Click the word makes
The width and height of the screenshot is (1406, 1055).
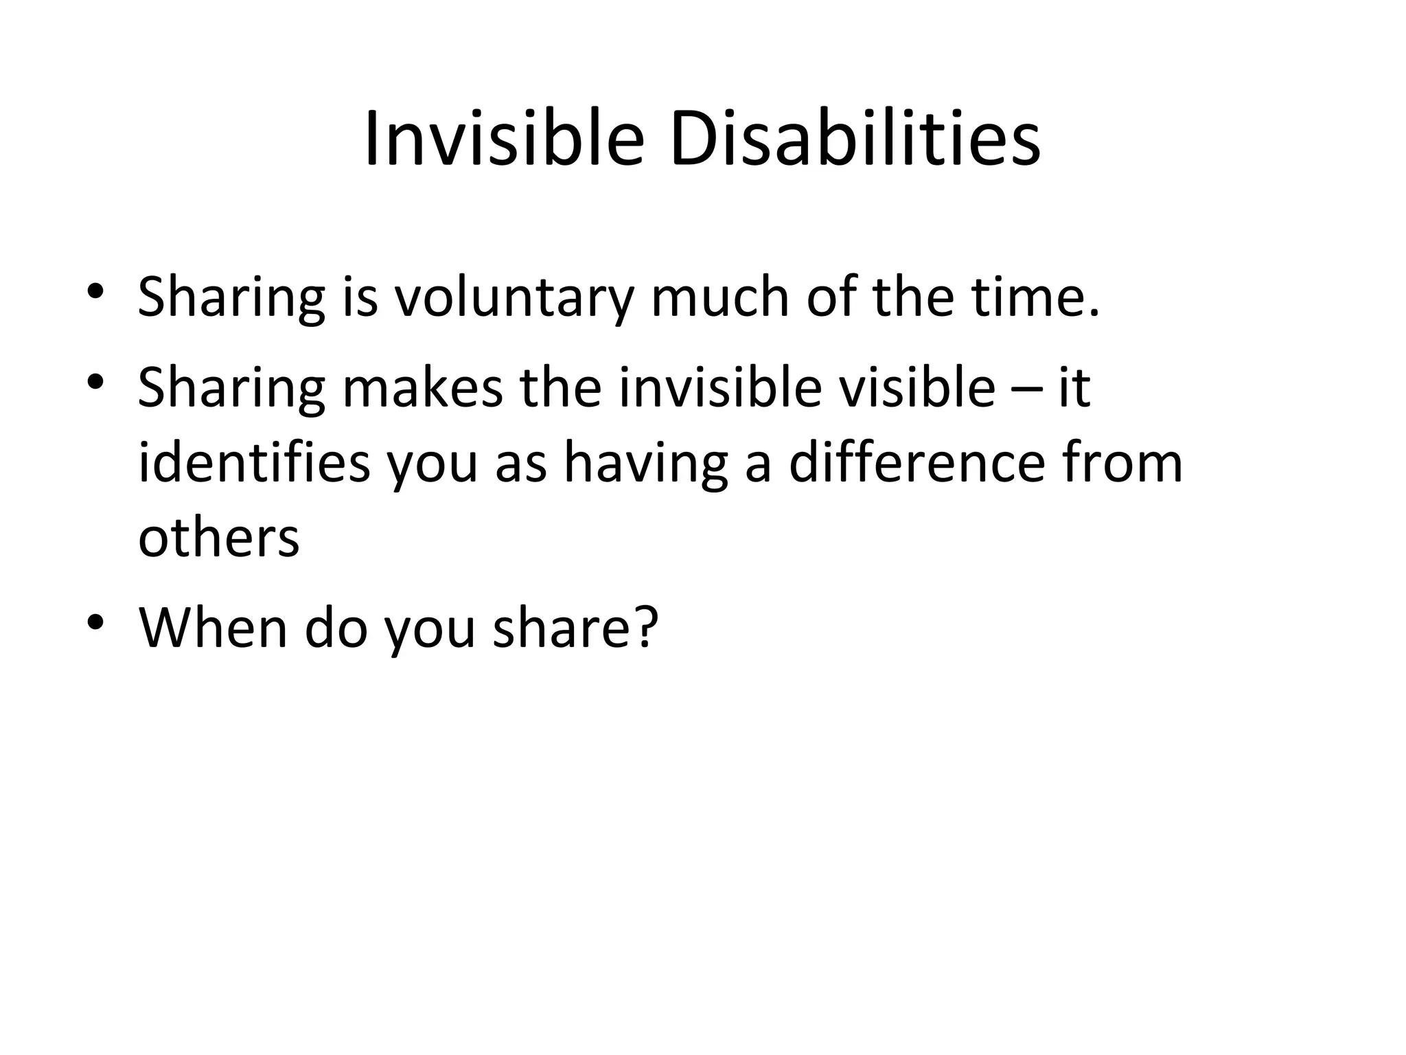click(422, 387)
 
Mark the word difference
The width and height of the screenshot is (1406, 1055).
click(917, 463)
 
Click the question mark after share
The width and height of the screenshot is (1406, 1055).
click(645, 626)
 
